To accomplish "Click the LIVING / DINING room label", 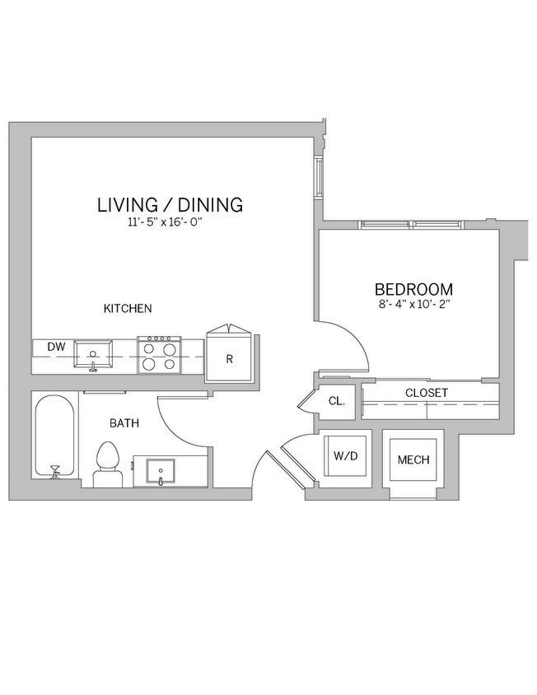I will tap(170, 204).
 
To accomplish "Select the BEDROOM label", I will tap(413, 289).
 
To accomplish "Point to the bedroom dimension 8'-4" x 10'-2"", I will tap(413, 304).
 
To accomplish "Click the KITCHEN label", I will tap(127, 309).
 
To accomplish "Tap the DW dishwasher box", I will tap(55, 347).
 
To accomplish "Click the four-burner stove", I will tap(158, 356).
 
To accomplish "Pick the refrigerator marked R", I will tap(230, 358).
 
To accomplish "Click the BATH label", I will tap(124, 423).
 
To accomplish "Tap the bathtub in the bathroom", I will tap(56, 436).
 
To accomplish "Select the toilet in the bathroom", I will tap(108, 463).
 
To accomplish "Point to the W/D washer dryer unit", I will tap(344, 455).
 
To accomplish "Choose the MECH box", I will tap(413, 459).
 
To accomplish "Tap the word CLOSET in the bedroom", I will tap(426, 393).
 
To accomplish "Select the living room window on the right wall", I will tap(320, 175).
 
